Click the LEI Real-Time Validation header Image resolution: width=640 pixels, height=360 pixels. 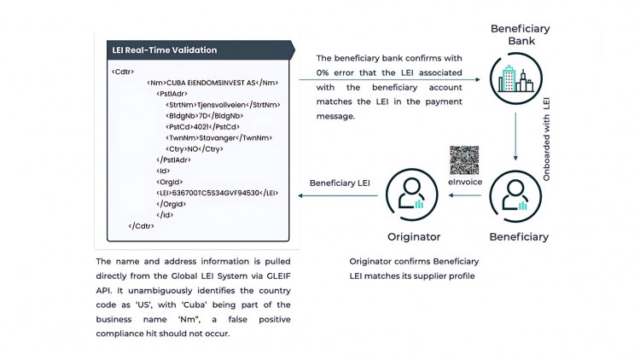click(165, 49)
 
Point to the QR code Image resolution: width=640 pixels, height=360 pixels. click(464, 160)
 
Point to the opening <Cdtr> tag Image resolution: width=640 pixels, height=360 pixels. click(123, 71)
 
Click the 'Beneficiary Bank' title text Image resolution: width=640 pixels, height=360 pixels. click(520, 35)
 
